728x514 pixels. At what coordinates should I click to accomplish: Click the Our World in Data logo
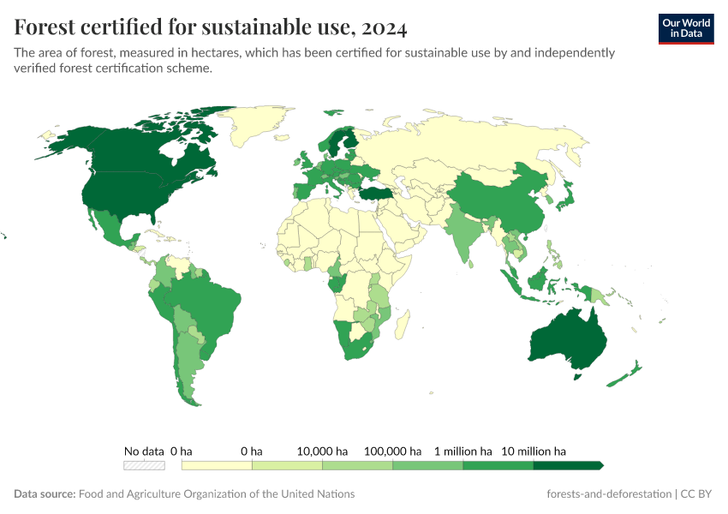pyautogui.click(x=685, y=28)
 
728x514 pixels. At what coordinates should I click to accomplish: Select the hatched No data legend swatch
pyautogui.click(x=144, y=465)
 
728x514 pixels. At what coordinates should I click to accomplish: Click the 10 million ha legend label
pyautogui.click(x=534, y=451)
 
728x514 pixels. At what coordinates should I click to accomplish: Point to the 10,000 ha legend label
pyautogui.click(x=322, y=451)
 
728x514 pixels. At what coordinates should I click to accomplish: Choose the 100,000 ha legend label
pyautogui.click(x=393, y=451)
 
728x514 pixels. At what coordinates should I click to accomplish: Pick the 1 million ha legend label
pyautogui.click(x=463, y=451)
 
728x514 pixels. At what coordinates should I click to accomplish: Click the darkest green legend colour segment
pyautogui.click(x=567, y=465)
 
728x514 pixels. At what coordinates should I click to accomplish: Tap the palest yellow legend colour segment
pyautogui.click(x=217, y=465)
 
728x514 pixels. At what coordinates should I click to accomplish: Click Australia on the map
pyautogui.click(x=568, y=338)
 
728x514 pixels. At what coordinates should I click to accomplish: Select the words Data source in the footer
pyautogui.click(x=45, y=494)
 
